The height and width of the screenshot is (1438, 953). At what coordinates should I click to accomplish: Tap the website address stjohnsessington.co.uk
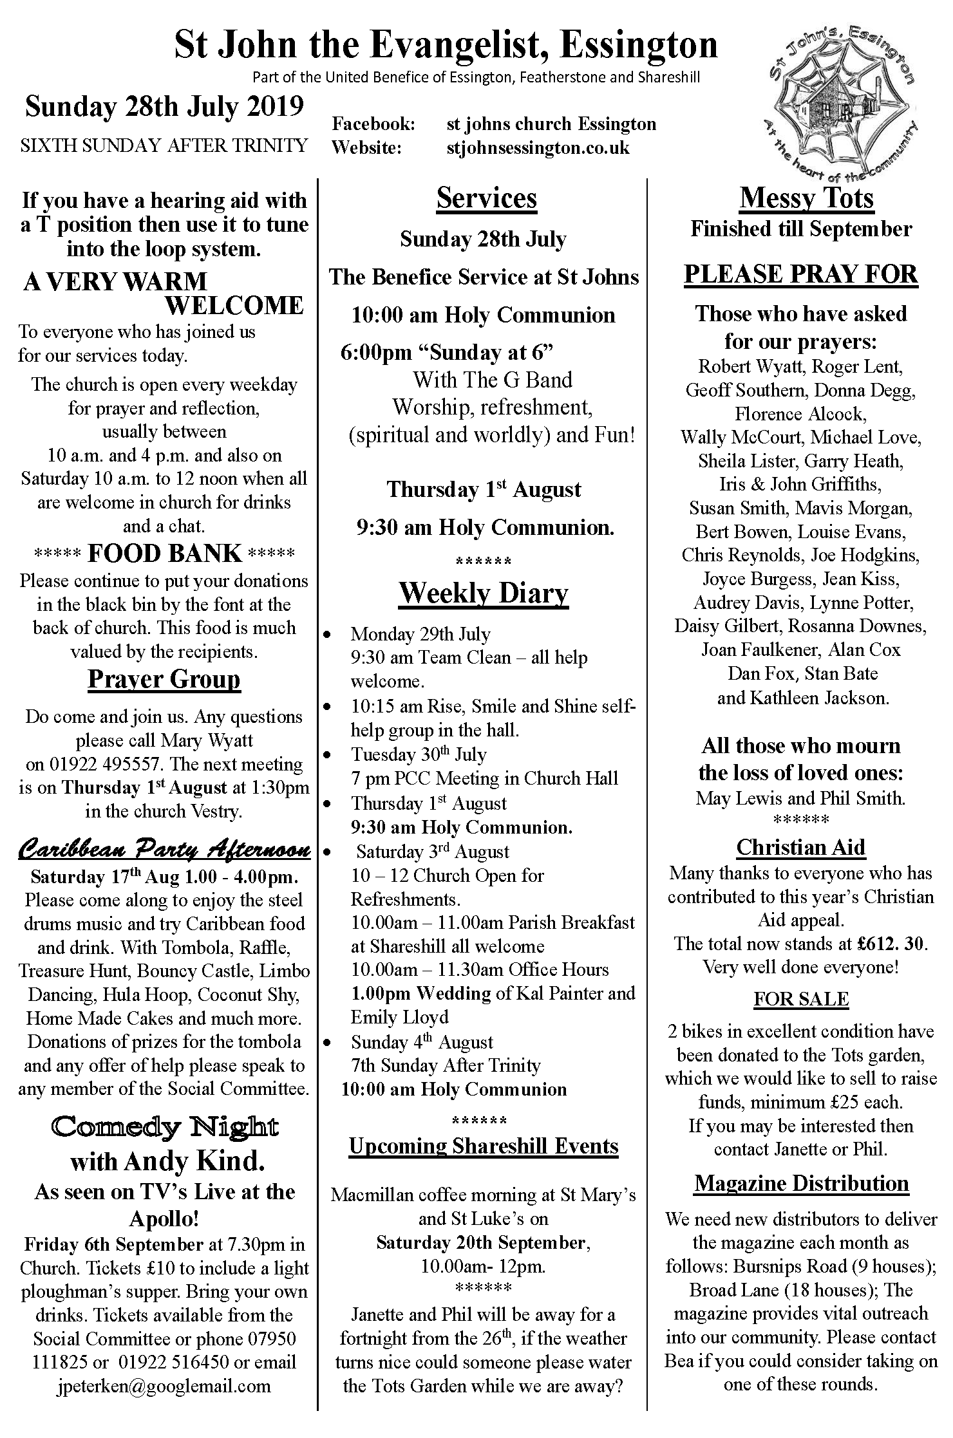538,148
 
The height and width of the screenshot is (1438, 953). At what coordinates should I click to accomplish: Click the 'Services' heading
486,198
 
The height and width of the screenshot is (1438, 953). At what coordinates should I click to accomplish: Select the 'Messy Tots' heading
806,198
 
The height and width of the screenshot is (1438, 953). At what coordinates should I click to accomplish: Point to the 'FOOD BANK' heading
165,554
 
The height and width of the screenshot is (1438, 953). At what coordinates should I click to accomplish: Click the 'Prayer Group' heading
164,680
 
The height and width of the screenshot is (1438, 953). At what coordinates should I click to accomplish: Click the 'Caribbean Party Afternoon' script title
164,851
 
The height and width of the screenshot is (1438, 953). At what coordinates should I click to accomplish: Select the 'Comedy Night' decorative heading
165,1128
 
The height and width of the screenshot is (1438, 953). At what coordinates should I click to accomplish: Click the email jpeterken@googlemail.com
164,1385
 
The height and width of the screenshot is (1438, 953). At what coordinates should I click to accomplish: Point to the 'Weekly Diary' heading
484,593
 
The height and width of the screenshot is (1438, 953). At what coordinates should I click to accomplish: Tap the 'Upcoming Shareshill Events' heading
484,1146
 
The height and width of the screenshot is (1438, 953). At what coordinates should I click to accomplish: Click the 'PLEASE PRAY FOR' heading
800,274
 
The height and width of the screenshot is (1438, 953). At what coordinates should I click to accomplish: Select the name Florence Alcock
800,414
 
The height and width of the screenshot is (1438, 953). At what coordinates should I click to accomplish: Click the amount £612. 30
892,944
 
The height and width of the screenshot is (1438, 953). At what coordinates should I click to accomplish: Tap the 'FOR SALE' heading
801,999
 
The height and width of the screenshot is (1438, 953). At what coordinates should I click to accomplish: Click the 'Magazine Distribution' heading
802,1183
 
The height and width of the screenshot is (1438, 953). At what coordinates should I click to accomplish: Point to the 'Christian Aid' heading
800,847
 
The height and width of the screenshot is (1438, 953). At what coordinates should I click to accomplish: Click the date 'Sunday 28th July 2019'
164,107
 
